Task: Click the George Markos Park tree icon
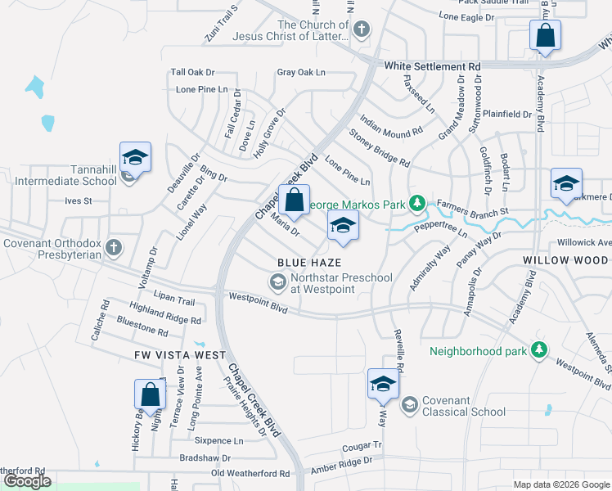click(417, 201)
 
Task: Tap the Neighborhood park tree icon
click(538, 351)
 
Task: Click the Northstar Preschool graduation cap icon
click(277, 282)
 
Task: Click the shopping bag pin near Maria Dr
click(294, 200)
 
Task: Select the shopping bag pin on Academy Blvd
click(545, 35)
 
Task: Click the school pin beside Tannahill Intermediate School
click(136, 156)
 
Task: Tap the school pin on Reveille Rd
click(383, 384)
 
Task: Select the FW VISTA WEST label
click(180, 355)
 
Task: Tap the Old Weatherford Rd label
click(250, 473)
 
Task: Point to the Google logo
click(27, 481)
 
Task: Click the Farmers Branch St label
click(473, 208)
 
